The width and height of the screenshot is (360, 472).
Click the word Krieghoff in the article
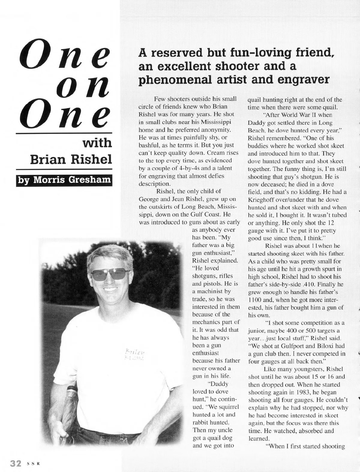click(x=263, y=200)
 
